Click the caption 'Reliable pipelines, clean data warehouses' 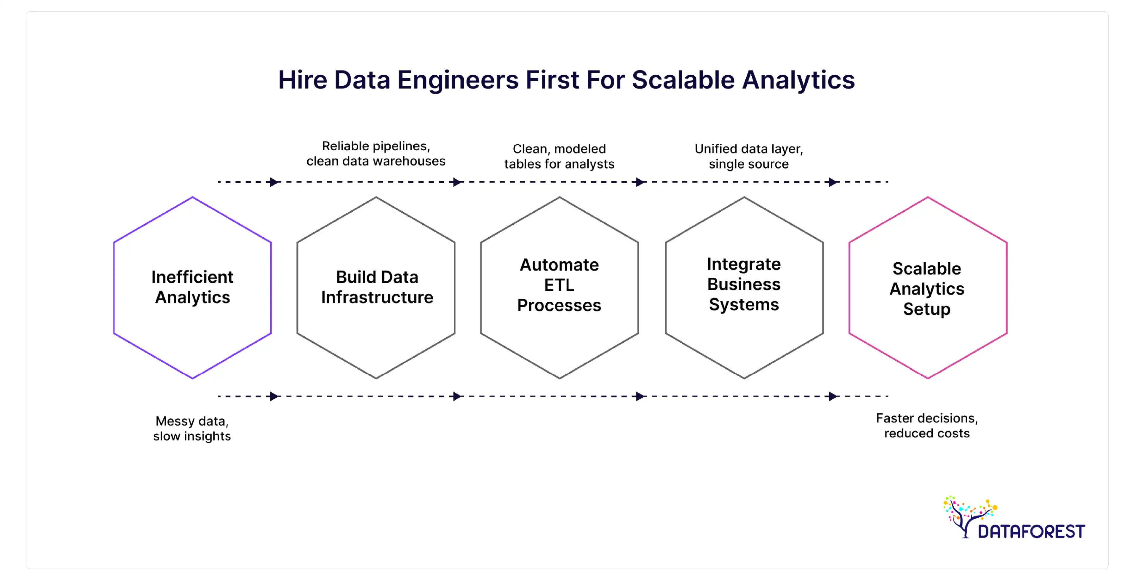point(376,153)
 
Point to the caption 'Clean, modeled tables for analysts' point(559,156)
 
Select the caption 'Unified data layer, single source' point(749,156)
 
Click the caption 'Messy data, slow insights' point(192,428)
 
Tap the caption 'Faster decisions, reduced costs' point(927,426)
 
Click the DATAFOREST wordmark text point(1031,532)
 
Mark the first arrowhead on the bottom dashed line point(274,396)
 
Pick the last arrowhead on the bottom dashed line point(832,396)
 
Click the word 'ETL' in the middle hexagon point(559,285)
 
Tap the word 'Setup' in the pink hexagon point(927,309)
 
